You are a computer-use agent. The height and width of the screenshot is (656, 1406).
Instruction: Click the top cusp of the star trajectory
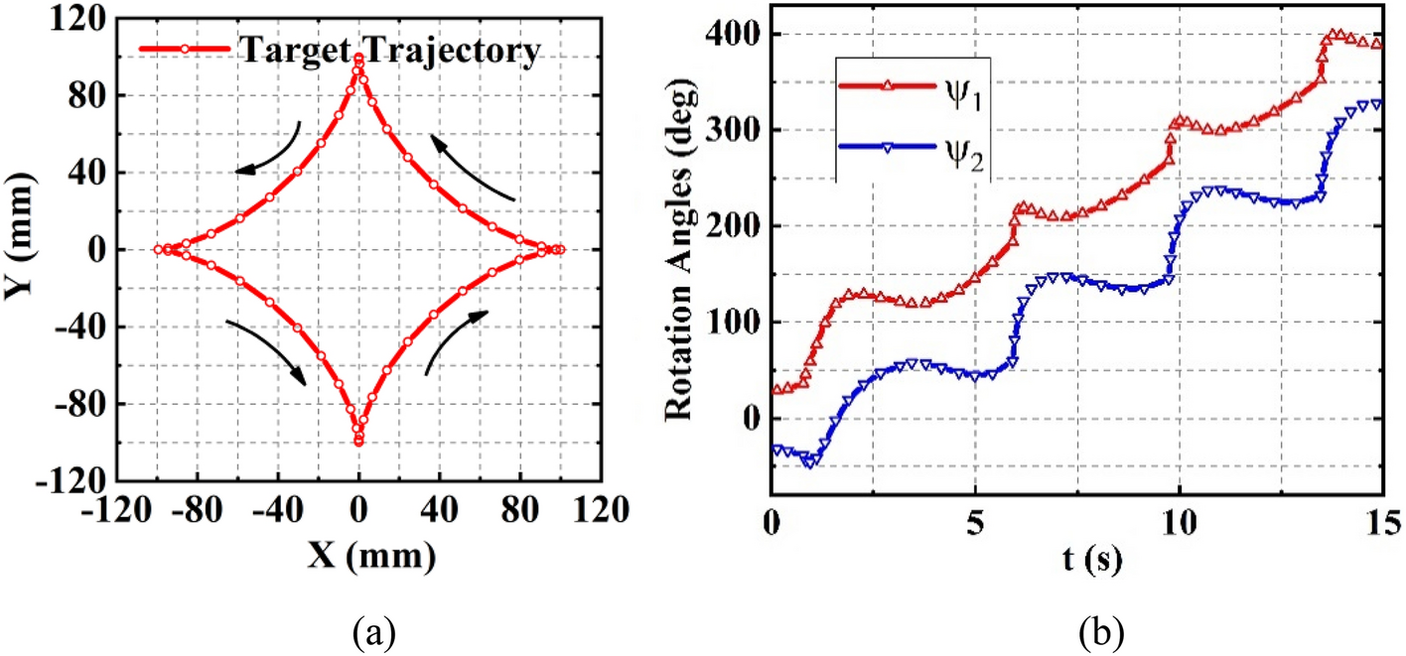tap(358, 59)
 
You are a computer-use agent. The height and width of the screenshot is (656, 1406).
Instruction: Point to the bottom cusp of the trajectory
tap(358, 441)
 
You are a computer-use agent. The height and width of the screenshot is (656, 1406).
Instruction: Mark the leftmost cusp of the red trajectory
tap(157, 249)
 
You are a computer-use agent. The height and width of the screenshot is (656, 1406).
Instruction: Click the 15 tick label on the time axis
tap(1382, 520)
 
